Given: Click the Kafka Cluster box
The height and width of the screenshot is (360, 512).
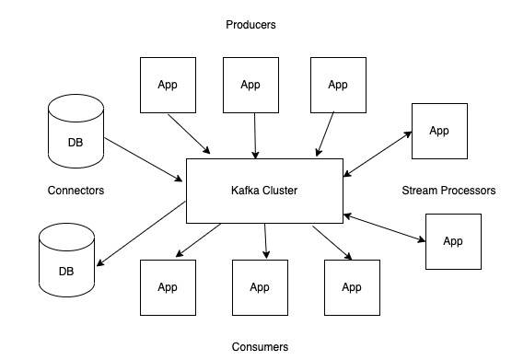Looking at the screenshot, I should [x=264, y=191].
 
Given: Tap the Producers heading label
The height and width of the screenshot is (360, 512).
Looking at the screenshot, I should [x=250, y=25].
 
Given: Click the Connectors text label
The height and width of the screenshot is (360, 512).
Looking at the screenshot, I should [x=76, y=191].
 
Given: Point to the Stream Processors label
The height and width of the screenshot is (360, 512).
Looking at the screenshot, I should [x=448, y=191].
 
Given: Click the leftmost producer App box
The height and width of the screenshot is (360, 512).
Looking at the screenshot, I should [x=167, y=85].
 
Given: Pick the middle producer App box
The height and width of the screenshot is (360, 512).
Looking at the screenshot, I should [x=251, y=85].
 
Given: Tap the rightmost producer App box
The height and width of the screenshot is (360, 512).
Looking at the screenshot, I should [x=338, y=85].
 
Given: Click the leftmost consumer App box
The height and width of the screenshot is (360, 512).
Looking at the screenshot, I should [x=168, y=287].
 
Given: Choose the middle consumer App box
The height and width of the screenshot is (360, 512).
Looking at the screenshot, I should [x=260, y=287].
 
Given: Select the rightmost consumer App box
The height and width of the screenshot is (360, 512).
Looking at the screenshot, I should [x=352, y=287].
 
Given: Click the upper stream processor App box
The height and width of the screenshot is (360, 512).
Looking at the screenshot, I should [x=439, y=130].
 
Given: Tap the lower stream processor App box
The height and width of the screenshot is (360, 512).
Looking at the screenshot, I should [x=453, y=241].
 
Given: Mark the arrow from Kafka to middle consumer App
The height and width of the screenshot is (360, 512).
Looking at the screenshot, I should [x=265, y=241].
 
